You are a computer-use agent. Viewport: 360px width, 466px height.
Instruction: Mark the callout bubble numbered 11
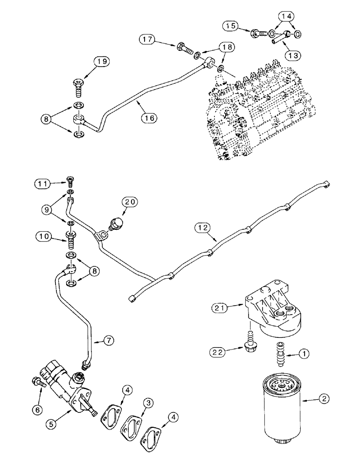tap(42, 184)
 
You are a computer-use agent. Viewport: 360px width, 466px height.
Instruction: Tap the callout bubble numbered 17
tap(148, 41)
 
